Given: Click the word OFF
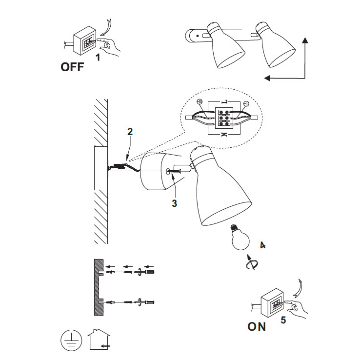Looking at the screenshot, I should click(72, 67).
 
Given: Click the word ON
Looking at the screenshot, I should click(257, 326).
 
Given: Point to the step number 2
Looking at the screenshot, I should click(130, 131).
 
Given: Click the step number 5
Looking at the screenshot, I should click(283, 320).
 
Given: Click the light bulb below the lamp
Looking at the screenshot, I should click(240, 237).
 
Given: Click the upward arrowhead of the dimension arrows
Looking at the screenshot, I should click(305, 40).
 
